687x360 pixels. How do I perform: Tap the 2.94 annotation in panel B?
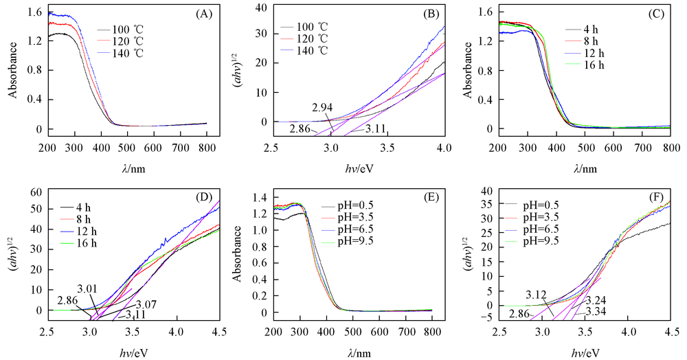coord(323,107)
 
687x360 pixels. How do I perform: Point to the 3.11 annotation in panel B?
coord(374,128)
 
